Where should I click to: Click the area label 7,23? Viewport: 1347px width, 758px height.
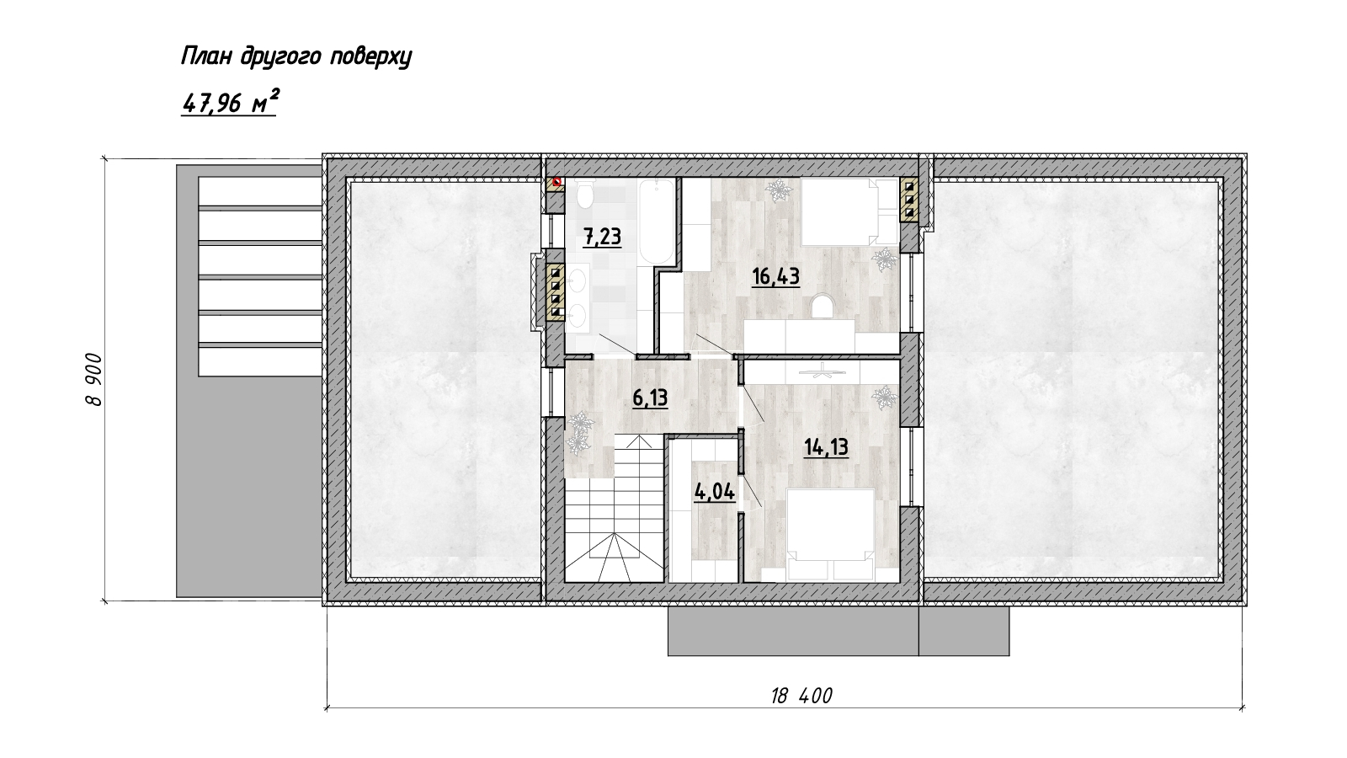[x=603, y=237]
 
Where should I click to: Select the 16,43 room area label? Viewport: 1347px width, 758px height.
[x=775, y=276]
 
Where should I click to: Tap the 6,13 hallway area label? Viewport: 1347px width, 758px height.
[x=650, y=398]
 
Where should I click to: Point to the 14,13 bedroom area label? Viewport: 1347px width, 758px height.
[x=826, y=447]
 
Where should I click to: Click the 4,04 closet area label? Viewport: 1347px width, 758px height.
[x=715, y=492]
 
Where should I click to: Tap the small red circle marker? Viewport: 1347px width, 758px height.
[x=556, y=182]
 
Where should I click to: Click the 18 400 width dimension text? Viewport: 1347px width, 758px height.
[x=801, y=696]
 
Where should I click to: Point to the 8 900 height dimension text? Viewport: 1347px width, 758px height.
[x=94, y=380]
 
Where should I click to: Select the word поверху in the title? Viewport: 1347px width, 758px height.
[x=371, y=58]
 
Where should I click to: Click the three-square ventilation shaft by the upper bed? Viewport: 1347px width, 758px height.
[x=909, y=199]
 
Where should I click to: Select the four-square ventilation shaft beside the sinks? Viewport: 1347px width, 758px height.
[x=555, y=291]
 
